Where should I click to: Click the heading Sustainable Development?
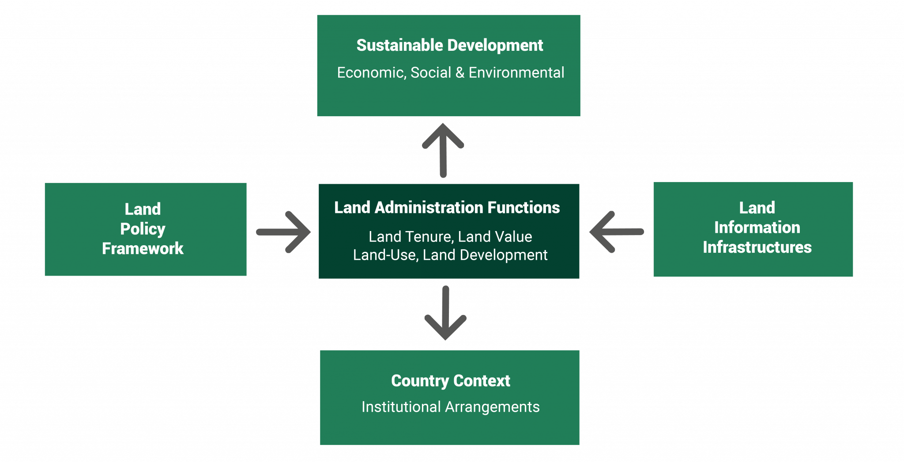click(449, 46)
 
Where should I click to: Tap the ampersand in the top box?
click(460, 73)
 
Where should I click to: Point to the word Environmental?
click(516, 73)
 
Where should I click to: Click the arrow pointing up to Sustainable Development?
click(443, 150)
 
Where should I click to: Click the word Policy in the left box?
click(143, 229)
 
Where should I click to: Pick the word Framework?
click(143, 249)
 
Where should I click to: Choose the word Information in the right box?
click(757, 228)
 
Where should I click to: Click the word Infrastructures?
click(757, 247)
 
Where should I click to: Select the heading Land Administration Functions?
click(447, 208)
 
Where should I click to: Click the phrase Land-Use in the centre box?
click(385, 255)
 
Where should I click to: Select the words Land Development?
click(485, 255)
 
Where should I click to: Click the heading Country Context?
click(450, 381)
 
